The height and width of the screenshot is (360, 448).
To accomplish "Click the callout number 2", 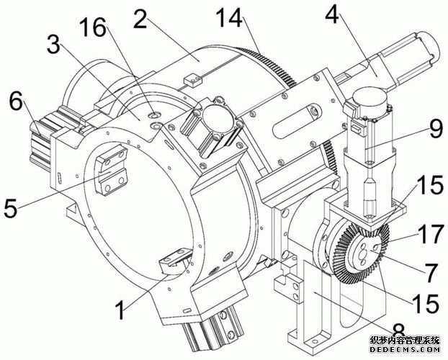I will [140, 19].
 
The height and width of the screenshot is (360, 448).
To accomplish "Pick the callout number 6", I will [14, 100].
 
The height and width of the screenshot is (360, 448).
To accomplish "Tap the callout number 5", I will [10, 210].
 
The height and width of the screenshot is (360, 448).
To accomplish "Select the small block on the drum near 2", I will [191, 78].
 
